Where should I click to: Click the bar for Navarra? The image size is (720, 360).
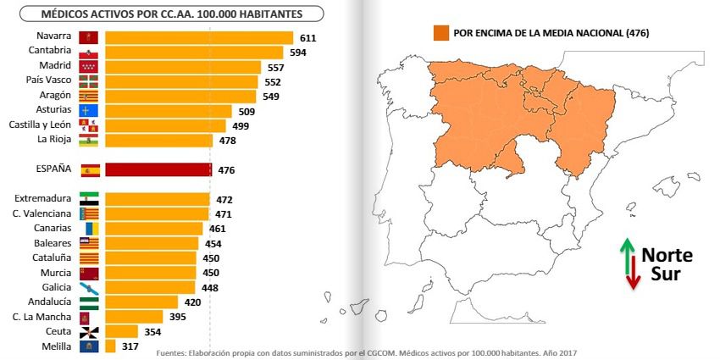pyautogui.click(x=199, y=37)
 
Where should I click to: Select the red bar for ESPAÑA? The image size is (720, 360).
pyautogui.click(x=158, y=170)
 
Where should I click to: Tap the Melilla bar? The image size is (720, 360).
pyautogui.click(x=110, y=346)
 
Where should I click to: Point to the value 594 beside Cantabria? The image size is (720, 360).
pyautogui.click(x=298, y=53)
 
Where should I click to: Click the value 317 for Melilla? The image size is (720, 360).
pyautogui.click(x=130, y=346)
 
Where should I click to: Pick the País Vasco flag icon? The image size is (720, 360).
pyautogui.click(x=89, y=81)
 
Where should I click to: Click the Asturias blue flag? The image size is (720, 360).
pyautogui.click(x=89, y=111)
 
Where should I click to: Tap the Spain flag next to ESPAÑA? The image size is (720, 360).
pyautogui.click(x=91, y=170)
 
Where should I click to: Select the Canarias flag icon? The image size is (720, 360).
pyautogui.click(x=91, y=228)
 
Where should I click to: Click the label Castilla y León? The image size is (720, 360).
pyautogui.click(x=40, y=125)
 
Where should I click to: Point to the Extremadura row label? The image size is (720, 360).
pyautogui.click(x=42, y=198)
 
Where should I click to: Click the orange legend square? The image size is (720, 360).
pyautogui.click(x=440, y=33)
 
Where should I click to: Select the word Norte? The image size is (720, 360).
pyautogui.click(x=667, y=255)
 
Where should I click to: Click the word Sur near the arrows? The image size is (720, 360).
pyautogui.click(x=666, y=274)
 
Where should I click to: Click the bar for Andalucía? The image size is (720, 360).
pyautogui.click(x=141, y=302)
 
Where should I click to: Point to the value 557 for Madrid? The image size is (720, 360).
pyautogui.click(x=276, y=68)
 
